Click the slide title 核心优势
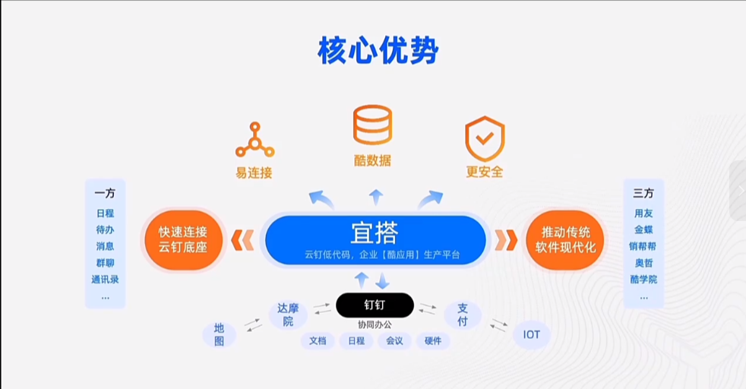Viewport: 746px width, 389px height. tap(378, 51)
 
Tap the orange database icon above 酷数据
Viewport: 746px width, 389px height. tap(372, 125)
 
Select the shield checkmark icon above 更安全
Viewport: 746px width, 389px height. tap(485, 138)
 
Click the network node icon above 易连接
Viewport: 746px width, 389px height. tap(254, 140)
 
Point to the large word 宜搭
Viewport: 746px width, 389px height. tap(374, 232)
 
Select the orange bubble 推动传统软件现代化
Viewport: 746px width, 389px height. tap(564, 240)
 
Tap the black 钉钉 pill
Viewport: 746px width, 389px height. tap(375, 305)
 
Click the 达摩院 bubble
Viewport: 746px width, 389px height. tap(288, 315)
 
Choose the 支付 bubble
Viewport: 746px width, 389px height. tap(463, 315)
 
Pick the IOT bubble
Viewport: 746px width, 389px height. tap(532, 334)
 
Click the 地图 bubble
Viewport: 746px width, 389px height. tap(219, 334)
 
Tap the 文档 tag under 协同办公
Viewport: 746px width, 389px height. tap(318, 341)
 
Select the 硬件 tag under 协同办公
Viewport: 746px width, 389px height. tap(432, 341)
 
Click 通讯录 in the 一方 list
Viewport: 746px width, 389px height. tap(105, 279)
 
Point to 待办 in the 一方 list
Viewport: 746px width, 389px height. tap(105, 229)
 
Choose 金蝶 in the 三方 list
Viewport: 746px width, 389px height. tap(643, 229)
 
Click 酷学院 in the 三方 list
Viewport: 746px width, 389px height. tap(643, 279)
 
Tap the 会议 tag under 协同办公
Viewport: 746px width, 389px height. tap(394, 341)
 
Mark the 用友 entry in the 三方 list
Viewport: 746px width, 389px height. tap(643, 213)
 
